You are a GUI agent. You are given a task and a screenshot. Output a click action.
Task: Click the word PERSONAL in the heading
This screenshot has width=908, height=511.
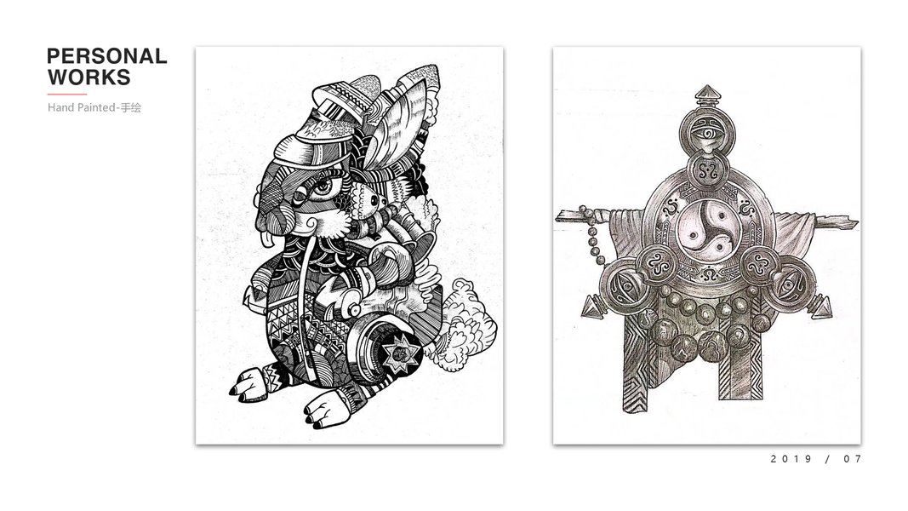[107, 56]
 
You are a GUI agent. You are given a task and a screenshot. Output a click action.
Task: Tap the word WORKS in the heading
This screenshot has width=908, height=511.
[89, 77]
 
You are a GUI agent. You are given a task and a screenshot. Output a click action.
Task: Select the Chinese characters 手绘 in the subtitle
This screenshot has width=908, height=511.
[131, 107]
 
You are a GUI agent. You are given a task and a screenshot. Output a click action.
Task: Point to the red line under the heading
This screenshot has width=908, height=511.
[67, 94]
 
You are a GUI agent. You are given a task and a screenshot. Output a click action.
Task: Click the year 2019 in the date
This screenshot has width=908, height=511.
[791, 459]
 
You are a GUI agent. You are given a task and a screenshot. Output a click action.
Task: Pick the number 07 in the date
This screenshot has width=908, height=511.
[853, 459]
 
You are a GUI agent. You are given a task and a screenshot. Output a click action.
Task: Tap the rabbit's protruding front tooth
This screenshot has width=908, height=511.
[266, 238]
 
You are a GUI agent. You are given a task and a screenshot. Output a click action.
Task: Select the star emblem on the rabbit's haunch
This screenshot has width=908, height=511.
[397, 353]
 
